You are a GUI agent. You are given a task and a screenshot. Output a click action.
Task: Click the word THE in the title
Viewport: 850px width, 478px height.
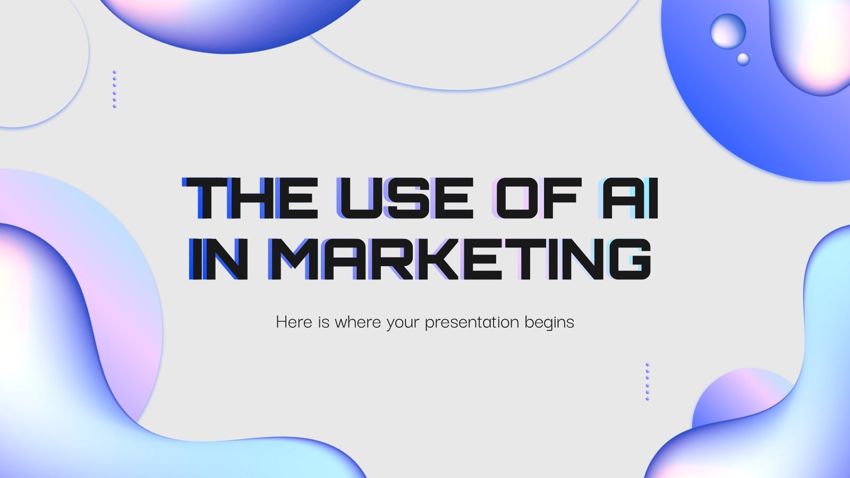(250, 198)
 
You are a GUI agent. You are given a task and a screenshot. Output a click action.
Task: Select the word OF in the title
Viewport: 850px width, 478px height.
(537, 198)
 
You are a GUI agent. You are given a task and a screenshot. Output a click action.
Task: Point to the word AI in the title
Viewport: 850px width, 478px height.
(627, 198)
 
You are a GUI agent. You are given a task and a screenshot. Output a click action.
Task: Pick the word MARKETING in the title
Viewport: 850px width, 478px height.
(460, 259)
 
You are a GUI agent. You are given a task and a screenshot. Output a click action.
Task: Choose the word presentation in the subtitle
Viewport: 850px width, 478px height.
(472, 323)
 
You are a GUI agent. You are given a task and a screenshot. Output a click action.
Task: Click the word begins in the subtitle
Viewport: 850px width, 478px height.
(549, 323)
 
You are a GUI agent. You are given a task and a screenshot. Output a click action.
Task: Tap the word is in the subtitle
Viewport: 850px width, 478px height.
(324, 322)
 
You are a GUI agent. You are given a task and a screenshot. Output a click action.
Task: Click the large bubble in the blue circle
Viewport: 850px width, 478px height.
(728, 31)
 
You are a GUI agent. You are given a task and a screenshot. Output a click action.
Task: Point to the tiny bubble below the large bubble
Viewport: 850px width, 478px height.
(743, 59)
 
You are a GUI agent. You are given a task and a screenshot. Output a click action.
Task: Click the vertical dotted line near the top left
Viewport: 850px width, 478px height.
(115, 89)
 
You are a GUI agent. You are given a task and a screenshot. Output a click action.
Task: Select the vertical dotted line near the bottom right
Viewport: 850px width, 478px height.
(648, 382)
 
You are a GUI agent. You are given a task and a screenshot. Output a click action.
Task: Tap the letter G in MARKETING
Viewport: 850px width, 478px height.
(630, 259)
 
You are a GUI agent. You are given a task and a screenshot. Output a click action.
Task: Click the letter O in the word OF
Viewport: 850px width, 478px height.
(514, 198)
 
